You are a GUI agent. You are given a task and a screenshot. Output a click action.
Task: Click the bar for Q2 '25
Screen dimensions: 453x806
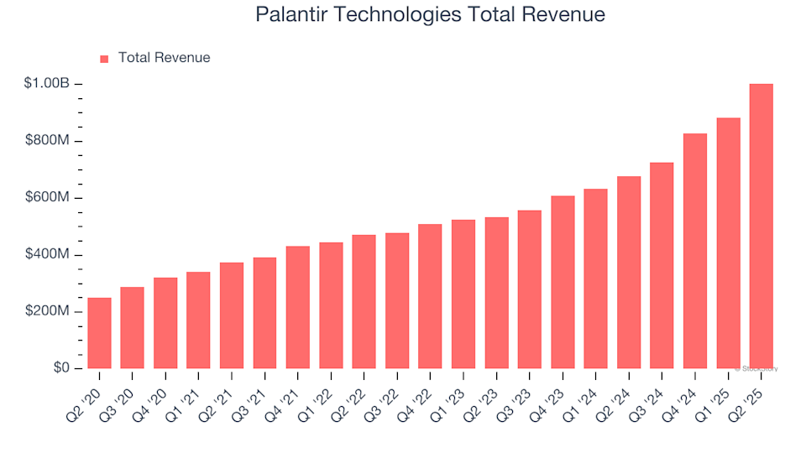761,226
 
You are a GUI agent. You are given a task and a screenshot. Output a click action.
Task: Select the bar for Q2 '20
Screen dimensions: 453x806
99,333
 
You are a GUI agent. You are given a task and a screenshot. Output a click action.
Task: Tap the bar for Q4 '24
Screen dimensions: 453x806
695,251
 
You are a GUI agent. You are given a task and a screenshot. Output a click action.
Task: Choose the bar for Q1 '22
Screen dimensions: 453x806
331,305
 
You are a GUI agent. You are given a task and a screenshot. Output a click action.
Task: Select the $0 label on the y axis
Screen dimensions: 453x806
61,368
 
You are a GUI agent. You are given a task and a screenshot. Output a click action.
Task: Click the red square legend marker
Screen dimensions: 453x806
104,59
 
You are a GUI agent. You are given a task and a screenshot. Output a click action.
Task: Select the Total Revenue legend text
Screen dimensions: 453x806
164,58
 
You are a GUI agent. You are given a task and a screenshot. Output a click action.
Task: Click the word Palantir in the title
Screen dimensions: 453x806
290,15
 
